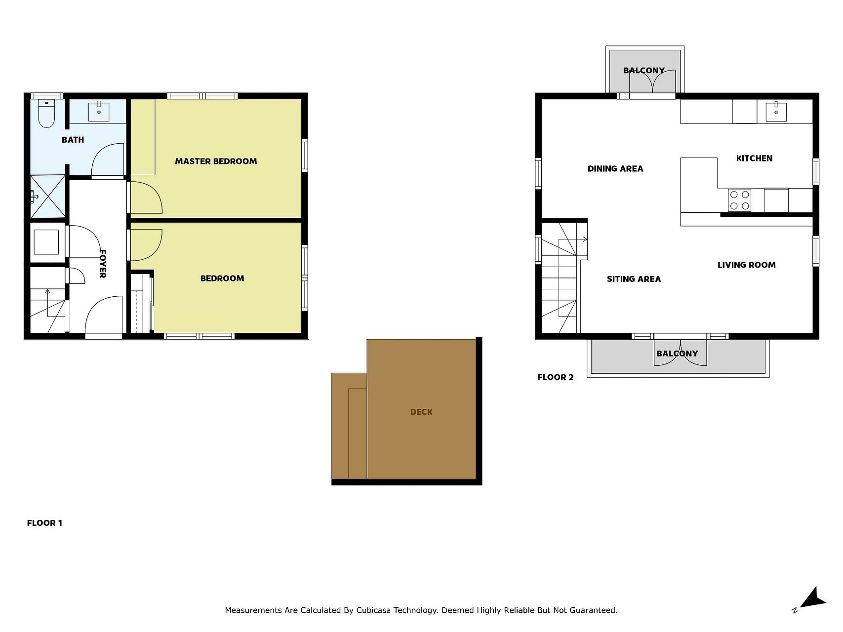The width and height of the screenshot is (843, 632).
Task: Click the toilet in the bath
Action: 46,114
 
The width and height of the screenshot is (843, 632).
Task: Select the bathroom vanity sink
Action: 99,111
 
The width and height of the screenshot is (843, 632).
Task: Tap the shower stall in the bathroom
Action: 47,197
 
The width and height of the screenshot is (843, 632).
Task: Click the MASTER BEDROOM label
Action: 216,161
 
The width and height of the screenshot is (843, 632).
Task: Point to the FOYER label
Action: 103,264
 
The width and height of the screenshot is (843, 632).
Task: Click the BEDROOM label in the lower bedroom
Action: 222,278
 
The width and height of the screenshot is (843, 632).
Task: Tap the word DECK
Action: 421,412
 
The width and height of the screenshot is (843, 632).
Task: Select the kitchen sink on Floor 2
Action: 776,112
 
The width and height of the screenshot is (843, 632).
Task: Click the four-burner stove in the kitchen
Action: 739,200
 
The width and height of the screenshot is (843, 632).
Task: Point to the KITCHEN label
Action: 754,158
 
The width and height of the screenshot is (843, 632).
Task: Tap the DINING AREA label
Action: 615,169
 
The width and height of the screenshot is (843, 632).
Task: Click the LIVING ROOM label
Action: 746,265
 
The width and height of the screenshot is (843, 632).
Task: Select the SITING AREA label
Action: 634,279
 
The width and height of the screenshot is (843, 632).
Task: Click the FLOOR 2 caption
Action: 556,378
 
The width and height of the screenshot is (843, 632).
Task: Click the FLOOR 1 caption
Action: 44,523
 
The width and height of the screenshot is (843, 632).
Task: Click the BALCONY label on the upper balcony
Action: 644,71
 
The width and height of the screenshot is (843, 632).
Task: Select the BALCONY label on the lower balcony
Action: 677,354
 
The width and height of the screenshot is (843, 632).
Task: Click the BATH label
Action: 73,140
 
